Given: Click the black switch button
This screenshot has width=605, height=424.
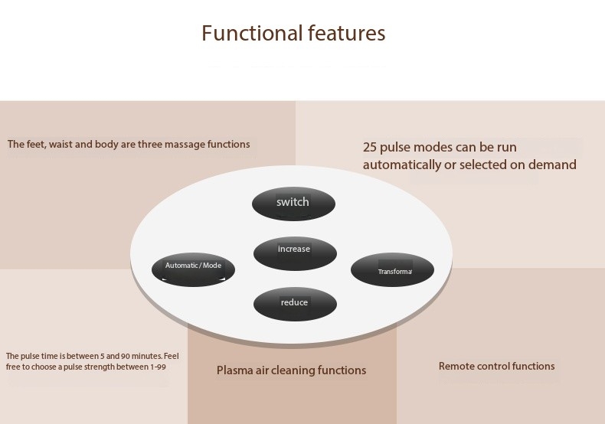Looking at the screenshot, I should point(293,203).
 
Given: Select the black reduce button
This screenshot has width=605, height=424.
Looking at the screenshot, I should point(294,304).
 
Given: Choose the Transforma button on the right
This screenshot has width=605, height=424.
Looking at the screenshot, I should point(392,270).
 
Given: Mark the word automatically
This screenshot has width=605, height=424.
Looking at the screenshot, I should point(401,165).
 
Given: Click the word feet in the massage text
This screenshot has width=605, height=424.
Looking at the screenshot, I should point(34,144).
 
